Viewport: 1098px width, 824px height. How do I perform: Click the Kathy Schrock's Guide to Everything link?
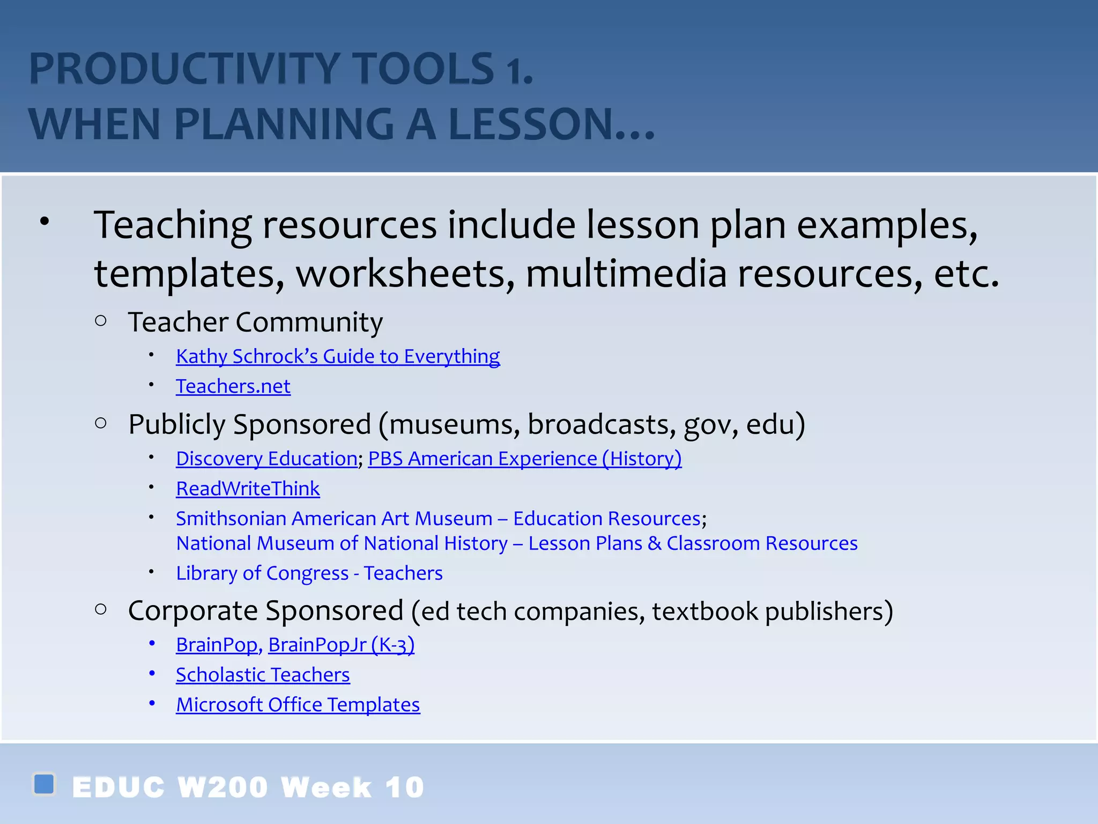338,357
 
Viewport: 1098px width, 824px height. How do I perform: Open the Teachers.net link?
233,387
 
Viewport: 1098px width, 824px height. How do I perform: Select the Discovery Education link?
266,459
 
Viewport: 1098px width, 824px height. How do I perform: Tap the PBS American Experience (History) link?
524,459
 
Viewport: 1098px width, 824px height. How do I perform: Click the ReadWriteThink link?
248,489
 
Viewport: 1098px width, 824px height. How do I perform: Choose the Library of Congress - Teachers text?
309,573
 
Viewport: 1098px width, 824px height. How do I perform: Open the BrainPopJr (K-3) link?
341,645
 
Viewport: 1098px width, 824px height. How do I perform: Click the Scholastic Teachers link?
263,675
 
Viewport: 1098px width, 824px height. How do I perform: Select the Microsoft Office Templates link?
298,705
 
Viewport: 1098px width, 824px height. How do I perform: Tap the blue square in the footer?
44,784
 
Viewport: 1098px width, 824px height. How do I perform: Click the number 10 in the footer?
405,788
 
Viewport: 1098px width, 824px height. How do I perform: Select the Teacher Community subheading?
255,322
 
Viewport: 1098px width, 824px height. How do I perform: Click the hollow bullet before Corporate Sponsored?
101,609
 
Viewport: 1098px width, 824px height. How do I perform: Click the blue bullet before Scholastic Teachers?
152,673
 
